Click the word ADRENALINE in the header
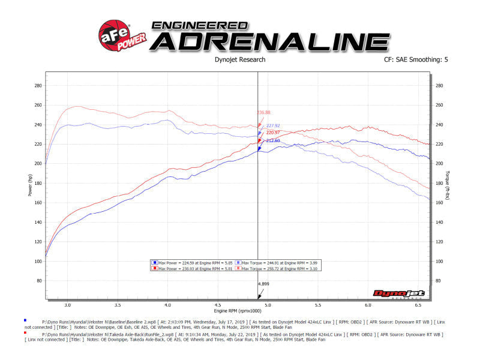tap(269, 41)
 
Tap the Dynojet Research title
tap(239, 59)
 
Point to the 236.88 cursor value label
tap(263, 112)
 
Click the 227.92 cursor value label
tap(273, 126)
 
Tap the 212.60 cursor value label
tap(273, 140)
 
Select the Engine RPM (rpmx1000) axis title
tap(238, 311)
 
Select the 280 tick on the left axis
tap(38, 86)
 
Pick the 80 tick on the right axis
tap(439, 280)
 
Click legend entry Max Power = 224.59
tap(183, 262)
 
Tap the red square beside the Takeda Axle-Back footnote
tap(25, 332)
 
